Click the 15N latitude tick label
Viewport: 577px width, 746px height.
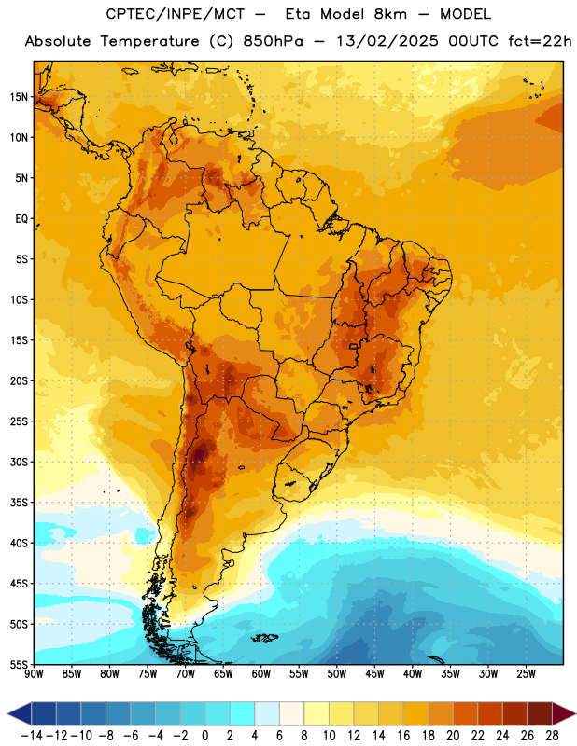19,97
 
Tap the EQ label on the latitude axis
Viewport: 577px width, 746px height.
21,219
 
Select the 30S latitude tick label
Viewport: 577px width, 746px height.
19,462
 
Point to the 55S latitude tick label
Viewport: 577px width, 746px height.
19,664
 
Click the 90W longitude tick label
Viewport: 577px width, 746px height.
35,674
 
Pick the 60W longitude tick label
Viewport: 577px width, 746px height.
261,674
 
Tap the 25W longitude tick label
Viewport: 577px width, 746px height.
526,674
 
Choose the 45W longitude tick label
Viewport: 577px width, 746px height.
374,674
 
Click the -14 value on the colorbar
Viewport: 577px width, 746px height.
32,736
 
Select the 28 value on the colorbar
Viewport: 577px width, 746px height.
552,736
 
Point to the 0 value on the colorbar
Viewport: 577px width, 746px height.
205,736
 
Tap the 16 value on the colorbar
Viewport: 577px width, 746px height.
403,736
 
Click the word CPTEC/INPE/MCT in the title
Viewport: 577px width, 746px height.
175,14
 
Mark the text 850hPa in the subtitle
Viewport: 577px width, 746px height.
273,41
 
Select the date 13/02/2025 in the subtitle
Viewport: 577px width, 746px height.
387,41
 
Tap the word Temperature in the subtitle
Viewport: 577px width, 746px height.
149,41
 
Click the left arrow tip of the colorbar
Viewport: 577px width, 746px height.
8,714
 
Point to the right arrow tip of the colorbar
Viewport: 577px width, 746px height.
575,714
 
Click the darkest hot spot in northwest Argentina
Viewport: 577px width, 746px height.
199,453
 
